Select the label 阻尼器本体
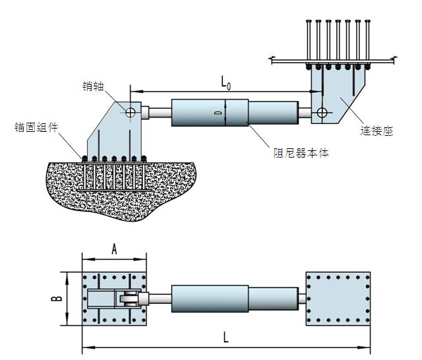[x=301, y=153]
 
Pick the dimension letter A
[x=114, y=249]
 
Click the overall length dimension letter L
[x=226, y=337]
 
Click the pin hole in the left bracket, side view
[x=131, y=113]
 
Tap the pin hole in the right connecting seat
[x=321, y=113]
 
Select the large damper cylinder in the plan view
[x=210, y=298]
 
